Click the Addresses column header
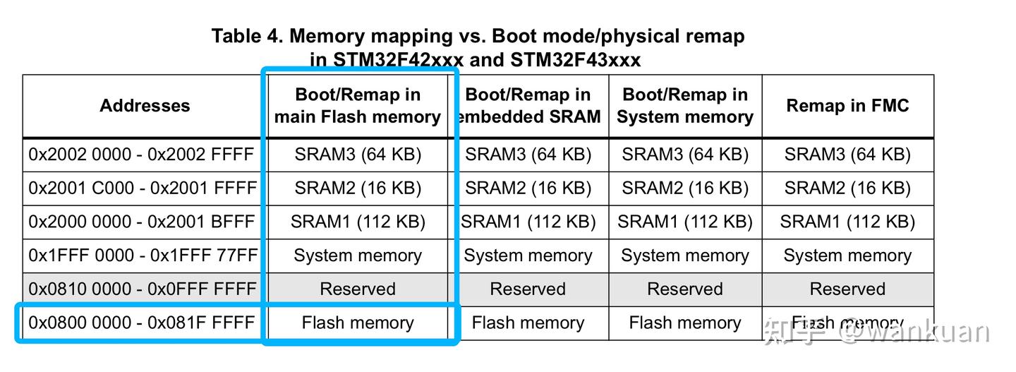pyautogui.click(x=145, y=106)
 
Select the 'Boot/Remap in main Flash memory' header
pyautogui.click(x=358, y=106)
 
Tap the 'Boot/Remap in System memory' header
pyautogui.click(x=684, y=106)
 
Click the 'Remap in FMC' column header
pyautogui.click(x=847, y=106)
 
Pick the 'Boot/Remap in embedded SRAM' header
pyautogui.click(x=528, y=106)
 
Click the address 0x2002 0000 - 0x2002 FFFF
pyautogui.click(x=141, y=155)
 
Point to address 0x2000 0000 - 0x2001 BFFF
pyautogui.click(x=141, y=222)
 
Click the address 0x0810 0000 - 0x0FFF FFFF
pyautogui.click(x=142, y=289)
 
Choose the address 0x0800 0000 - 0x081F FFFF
pyautogui.click(x=141, y=323)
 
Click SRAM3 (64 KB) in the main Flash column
pyautogui.click(x=358, y=155)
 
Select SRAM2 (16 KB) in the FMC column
pyautogui.click(x=847, y=188)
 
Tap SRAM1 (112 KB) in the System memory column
pyautogui.click(x=684, y=222)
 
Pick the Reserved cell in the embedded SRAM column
pyautogui.click(x=528, y=289)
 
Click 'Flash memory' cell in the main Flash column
pyautogui.click(x=358, y=323)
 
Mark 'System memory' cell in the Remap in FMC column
pyautogui.click(x=847, y=256)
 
